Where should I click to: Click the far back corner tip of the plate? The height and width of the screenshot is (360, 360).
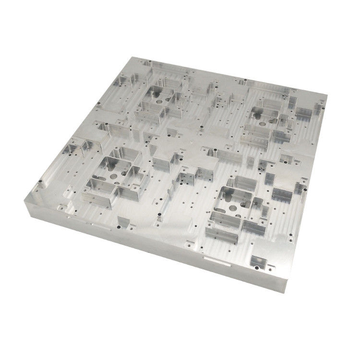click(126, 56)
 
